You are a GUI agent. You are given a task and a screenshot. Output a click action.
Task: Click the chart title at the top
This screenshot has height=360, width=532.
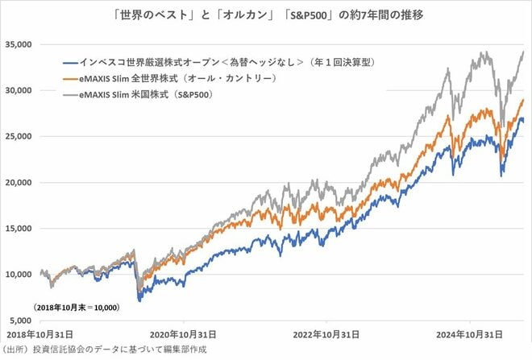(x=265, y=15)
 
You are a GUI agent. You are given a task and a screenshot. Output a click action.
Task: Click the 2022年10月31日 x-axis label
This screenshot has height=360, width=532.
(x=326, y=333)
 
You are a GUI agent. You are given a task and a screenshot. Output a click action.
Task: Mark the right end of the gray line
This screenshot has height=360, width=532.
(x=523, y=52)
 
